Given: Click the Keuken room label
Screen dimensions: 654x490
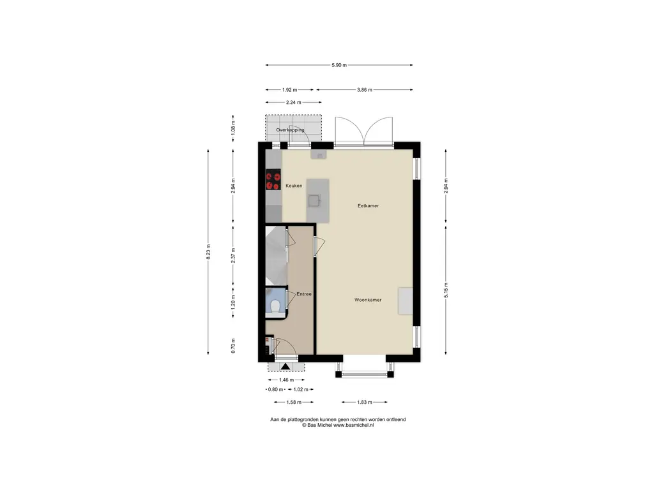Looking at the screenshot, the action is pos(294,186).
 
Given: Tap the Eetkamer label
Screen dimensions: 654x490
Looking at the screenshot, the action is pos(368,206).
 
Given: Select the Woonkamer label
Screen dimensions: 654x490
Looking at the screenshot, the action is pos(368,300).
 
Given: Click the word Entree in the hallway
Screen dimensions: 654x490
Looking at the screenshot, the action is pos(304,294).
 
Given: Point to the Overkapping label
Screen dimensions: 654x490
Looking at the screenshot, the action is pos(291,130).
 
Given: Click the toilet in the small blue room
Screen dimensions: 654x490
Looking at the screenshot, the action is pos(275,306).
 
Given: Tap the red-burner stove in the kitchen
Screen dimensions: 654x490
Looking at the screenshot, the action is pos(273,179).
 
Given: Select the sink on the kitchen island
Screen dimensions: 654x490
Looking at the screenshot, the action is pos(314,200).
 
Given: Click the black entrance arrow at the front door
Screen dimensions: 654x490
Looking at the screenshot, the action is pos(285,366).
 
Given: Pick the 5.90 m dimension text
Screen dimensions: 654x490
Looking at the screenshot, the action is pos(339,66).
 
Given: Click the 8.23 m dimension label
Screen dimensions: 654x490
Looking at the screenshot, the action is pos(209,251).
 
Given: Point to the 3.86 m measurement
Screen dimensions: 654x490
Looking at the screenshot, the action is pos(365,90).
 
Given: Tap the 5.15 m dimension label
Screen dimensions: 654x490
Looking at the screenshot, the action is pos(446,290).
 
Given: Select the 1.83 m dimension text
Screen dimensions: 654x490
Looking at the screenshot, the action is pos(365,403).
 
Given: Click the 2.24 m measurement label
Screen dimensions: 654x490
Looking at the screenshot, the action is pos(294,103).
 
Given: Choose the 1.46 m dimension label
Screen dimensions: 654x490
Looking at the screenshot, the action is pos(287,380).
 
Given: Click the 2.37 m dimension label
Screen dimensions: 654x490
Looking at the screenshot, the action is pos(233,255).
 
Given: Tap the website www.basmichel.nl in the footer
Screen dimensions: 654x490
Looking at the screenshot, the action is pos(353,426).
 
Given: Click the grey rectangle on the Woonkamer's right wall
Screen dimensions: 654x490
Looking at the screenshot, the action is pos(405,301).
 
